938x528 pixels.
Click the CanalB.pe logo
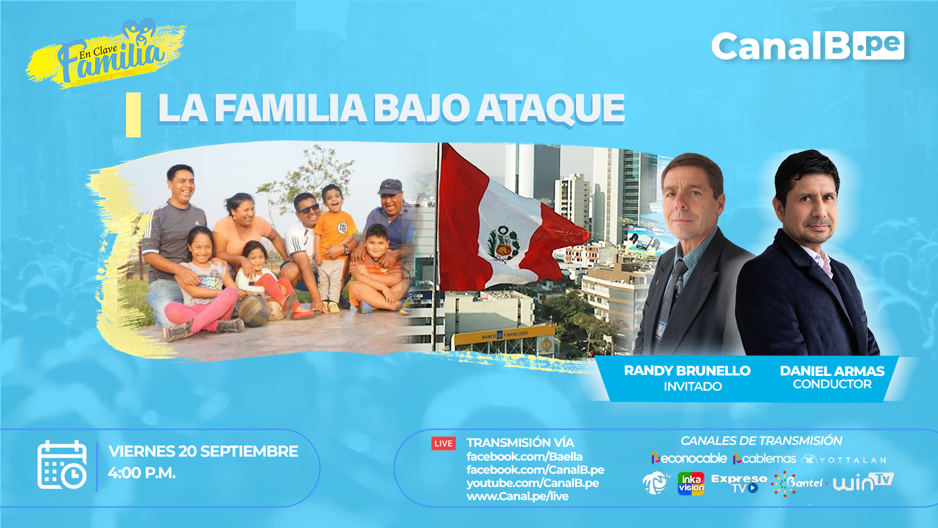click(808, 46)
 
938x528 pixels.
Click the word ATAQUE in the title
click(551, 109)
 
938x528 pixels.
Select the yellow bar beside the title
click(133, 115)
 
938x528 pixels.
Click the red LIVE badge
click(444, 443)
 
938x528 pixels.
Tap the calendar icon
click(62, 464)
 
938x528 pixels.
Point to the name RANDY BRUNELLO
click(687, 371)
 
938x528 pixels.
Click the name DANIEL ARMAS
click(832, 371)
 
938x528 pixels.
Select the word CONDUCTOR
click(832, 384)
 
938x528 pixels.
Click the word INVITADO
click(693, 386)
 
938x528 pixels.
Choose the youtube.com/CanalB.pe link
click(533, 483)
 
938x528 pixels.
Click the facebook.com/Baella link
click(524, 457)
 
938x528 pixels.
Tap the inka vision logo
click(691, 484)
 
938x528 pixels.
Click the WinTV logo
click(863, 482)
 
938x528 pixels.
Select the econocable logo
click(689, 459)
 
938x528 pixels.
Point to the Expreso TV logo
click(739, 484)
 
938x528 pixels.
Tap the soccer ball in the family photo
click(254, 311)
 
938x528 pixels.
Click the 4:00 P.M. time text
click(142, 473)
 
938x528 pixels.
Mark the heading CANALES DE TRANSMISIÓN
click(761, 440)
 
